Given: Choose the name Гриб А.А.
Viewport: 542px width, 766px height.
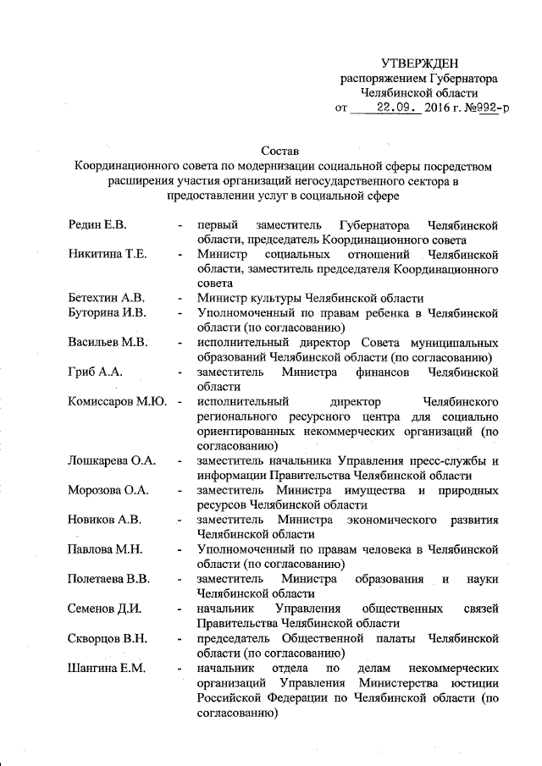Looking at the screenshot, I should point(97,372).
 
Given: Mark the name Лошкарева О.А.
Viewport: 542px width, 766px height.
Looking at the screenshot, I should point(113,461).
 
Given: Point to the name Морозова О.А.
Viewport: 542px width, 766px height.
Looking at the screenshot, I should point(109,491).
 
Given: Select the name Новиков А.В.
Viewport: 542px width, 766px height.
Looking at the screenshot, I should point(106,520).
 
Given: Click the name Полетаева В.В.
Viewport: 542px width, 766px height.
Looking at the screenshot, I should point(110,579).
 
